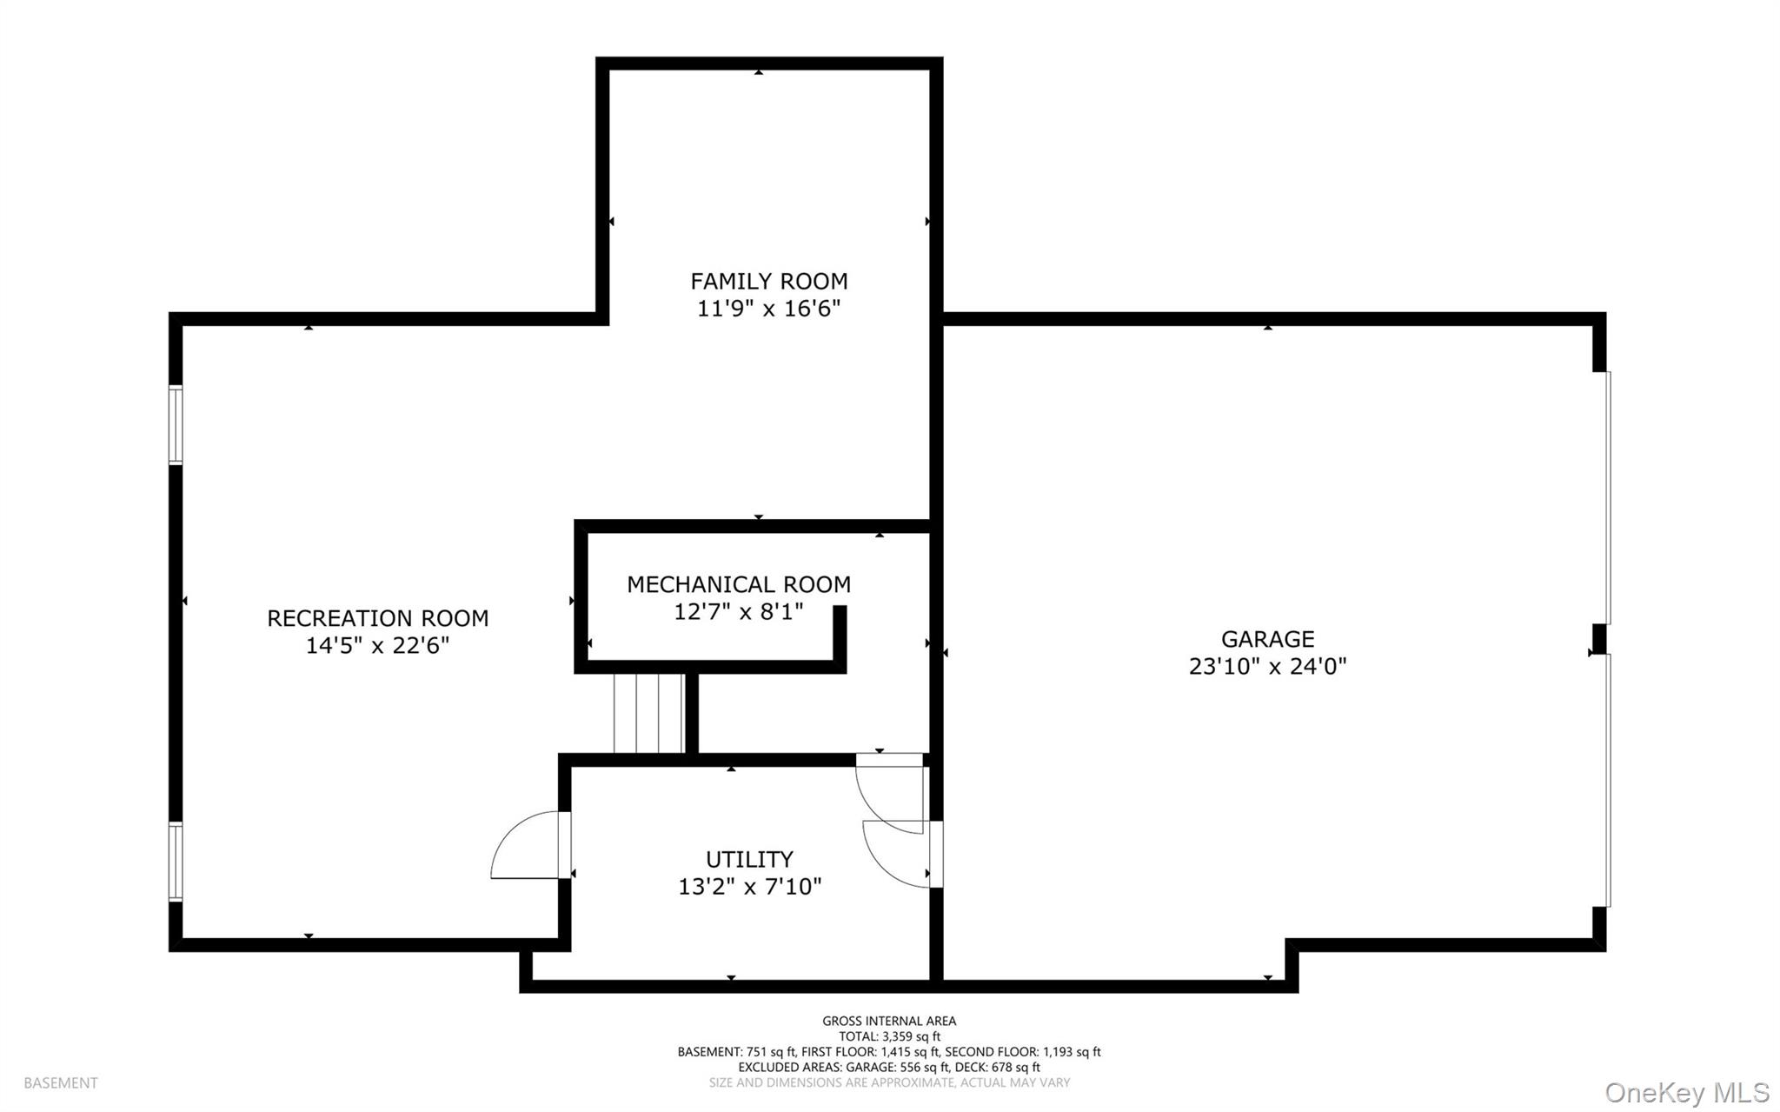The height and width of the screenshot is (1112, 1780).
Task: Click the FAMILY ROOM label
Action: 768,281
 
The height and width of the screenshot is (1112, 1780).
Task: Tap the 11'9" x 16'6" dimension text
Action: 768,309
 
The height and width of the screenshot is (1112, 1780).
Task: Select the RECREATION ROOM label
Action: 377,618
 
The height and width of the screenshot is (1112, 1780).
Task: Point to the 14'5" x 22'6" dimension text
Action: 377,646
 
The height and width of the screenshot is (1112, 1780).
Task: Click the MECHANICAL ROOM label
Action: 739,584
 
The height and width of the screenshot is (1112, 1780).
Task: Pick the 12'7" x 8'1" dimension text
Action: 739,612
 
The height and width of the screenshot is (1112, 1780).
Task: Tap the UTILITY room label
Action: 749,859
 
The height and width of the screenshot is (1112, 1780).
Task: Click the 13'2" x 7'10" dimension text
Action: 749,887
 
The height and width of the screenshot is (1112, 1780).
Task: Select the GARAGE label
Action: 1267,639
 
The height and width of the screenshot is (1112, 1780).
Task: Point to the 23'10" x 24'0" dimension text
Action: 1267,667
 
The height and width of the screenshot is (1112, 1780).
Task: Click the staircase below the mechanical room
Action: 648,713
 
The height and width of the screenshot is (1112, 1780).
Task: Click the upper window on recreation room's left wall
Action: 176,424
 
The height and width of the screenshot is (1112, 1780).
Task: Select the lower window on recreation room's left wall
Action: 176,862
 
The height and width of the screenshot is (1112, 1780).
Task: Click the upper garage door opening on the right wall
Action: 1607,497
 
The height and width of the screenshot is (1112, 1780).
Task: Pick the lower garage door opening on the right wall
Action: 1607,780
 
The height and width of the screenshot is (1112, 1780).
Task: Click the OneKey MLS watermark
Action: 1686,1092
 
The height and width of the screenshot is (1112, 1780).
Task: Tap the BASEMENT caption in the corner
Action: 61,1083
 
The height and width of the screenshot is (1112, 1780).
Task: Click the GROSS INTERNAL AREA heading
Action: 889,1021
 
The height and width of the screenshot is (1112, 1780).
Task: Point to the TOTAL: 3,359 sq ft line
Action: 889,1036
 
